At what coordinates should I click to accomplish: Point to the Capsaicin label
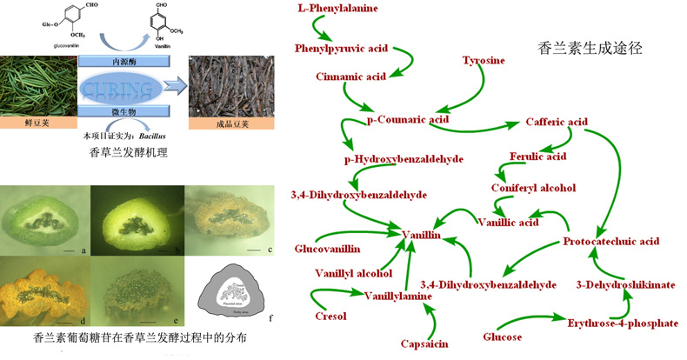[x=424, y=343]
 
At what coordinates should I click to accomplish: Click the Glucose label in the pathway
[x=502, y=337]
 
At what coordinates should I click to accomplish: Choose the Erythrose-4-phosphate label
[x=622, y=323]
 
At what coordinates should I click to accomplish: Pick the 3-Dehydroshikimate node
[x=624, y=284]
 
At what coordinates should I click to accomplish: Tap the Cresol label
[x=330, y=317]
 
